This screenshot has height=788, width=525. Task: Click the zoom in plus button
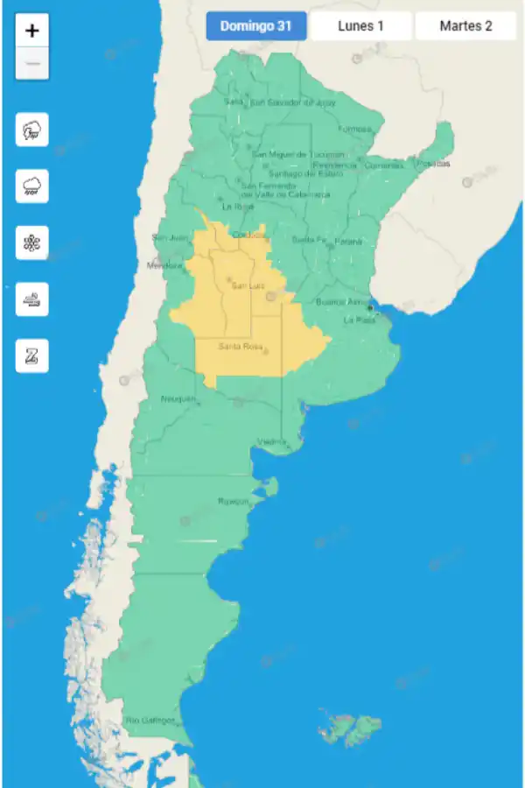pyautogui.click(x=32, y=31)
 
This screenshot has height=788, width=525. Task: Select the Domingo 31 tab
pyautogui.click(x=256, y=26)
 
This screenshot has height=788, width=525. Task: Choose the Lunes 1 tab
pyautogui.click(x=360, y=26)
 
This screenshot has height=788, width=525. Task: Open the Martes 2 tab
pyautogui.click(x=465, y=26)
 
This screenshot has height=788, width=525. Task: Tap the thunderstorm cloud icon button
pyautogui.click(x=32, y=131)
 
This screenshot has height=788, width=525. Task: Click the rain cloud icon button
pyautogui.click(x=32, y=186)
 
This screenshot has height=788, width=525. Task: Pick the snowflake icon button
pyautogui.click(x=32, y=243)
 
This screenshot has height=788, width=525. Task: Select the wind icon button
pyautogui.click(x=32, y=299)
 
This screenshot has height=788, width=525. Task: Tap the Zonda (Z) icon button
pyautogui.click(x=32, y=355)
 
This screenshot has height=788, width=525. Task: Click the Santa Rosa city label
pyautogui.click(x=241, y=346)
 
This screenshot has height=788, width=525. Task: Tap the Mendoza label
pyautogui.click(x=164, y=264)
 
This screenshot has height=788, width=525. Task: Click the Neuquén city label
pyautogui.click(x=178, y=399)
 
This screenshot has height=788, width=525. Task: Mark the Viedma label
pyautogui.click(x=272, y=441)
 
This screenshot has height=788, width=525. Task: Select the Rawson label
pyautogui.click(x=234, y=502)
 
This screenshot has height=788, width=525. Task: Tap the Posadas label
pyautogui.click(x=434, y=164)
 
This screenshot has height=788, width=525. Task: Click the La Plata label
pyautogui.click(x=359, y=320)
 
